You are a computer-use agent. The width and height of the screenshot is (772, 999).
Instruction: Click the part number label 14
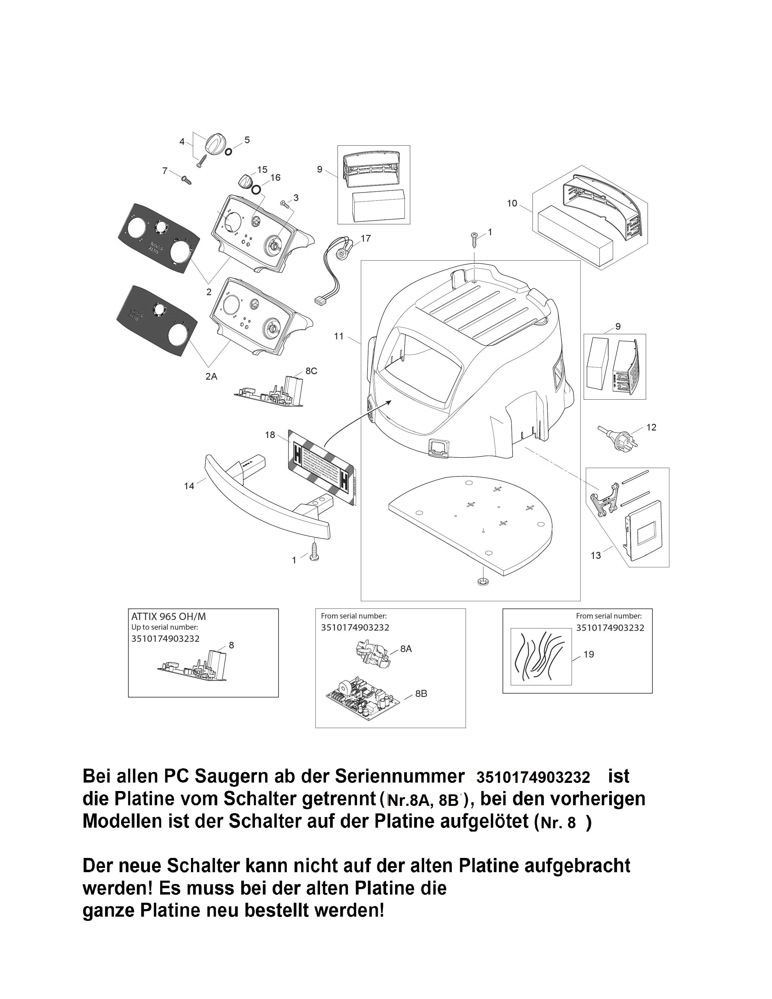pyautogui.click(x=189, y=486)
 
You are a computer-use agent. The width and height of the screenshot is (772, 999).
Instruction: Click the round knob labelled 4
pyautogui.click(x=213, y=142)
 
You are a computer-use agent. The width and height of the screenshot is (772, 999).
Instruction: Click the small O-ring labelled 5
pyautogui.click(x=228, y=150)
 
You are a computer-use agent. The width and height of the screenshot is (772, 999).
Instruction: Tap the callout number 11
pyautogui.click(x=338, y=336)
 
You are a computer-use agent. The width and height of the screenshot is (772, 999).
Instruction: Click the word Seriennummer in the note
pyautogui.click(x=400, y=777)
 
